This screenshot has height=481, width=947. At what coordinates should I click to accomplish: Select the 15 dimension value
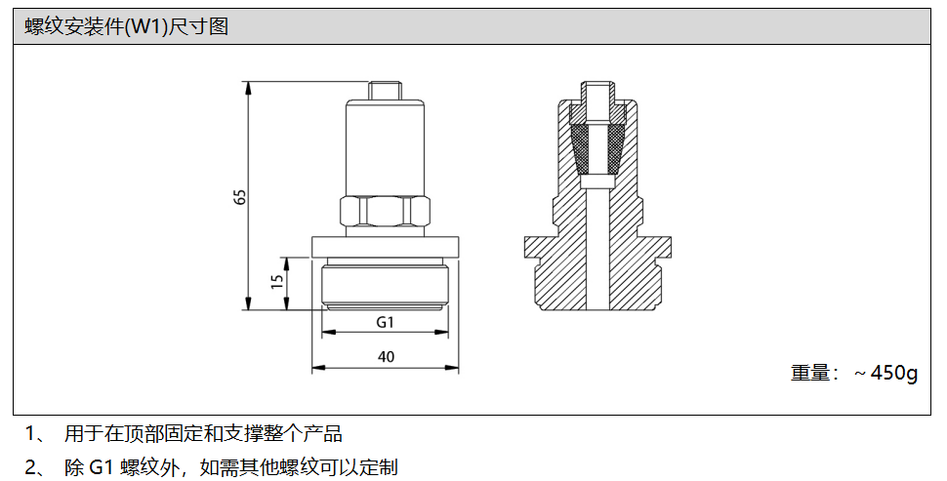coord(277,282)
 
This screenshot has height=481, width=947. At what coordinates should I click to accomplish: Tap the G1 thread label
coord(385,322)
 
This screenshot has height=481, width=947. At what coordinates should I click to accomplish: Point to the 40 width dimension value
coord(385,357)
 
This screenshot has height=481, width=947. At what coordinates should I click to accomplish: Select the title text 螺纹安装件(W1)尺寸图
coord(127,27)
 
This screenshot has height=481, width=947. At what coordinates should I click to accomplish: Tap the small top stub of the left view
coord(385,90)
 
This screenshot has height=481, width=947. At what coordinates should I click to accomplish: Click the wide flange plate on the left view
coord(385,247)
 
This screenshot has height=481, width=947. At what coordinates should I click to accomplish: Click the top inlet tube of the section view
coord(596,96)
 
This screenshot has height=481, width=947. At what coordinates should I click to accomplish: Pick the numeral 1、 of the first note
coord(36,433)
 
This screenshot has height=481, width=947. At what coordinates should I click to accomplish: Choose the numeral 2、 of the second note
coord(36,467)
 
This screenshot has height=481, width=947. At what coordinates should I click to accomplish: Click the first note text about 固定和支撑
coord(203,433)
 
